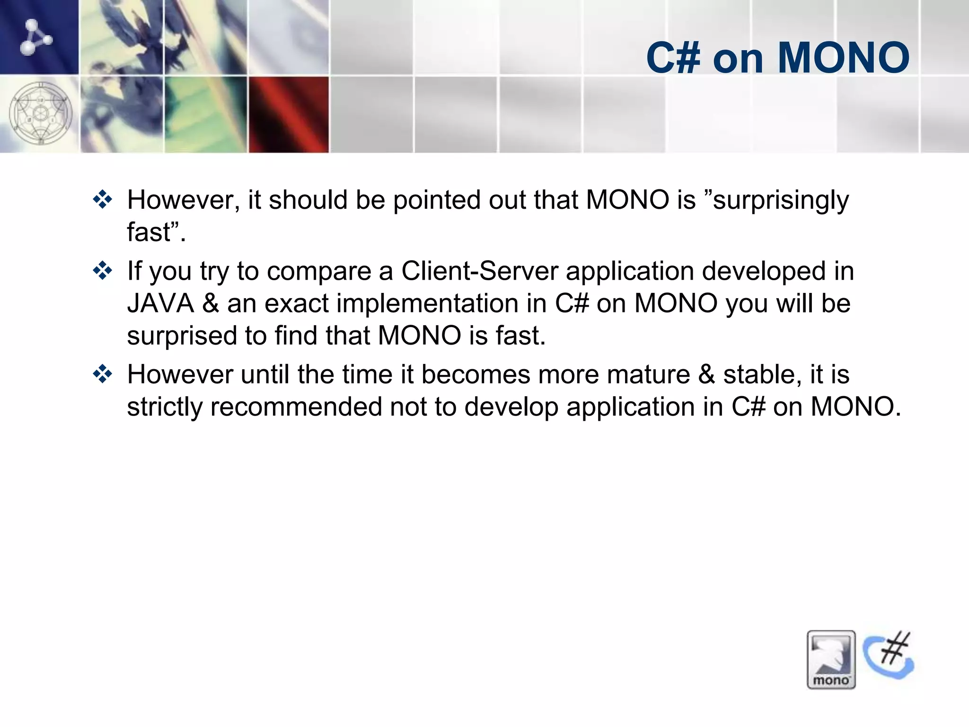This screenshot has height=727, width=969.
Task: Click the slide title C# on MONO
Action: tap(777, 58)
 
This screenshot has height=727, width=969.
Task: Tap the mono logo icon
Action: tap(831, 659)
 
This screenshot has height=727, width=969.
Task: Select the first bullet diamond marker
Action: tap(102, 200)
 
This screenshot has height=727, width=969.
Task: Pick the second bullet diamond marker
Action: tap(102, 271)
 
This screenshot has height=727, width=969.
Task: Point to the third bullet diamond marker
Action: tap(102, 374)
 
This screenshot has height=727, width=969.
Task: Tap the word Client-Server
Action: tap(480, 271)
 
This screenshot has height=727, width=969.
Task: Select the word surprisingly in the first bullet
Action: tap(781, 201)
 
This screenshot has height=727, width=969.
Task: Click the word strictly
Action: tap(164, 407)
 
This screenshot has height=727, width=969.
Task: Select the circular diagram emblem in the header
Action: tap(41, 114)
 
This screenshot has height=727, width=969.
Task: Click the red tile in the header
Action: tap(289, 115)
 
